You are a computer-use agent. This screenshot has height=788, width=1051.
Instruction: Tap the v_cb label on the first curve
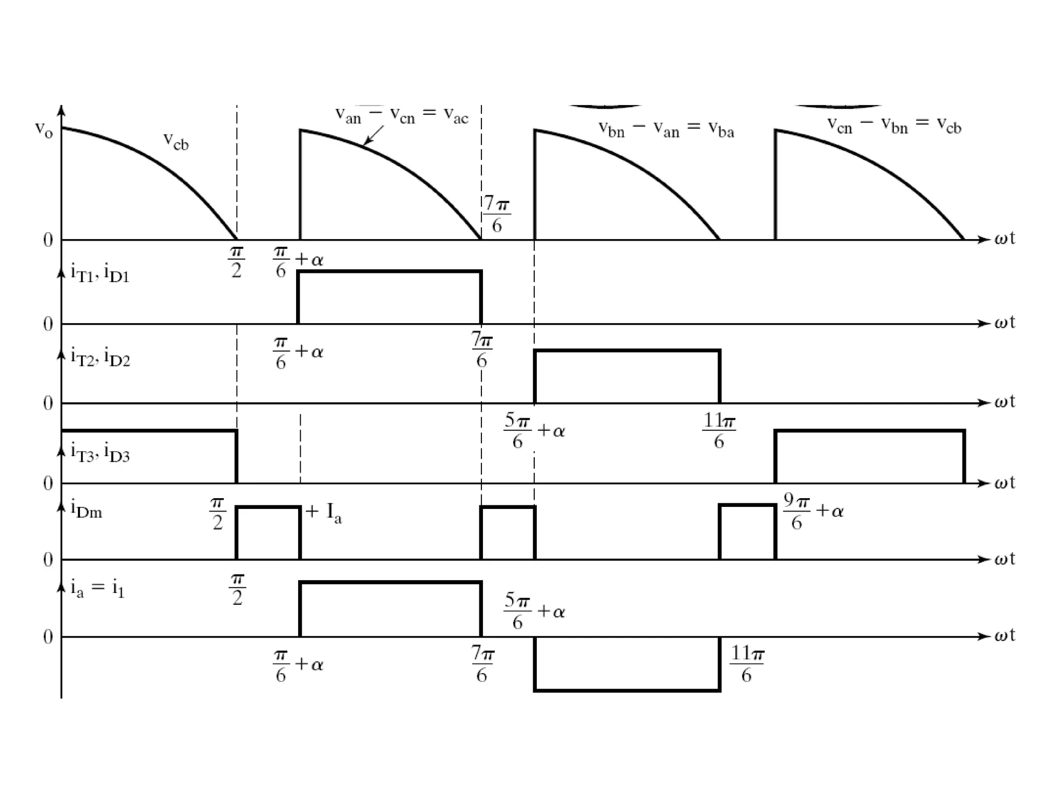pyautogui.click(x=176, y=141)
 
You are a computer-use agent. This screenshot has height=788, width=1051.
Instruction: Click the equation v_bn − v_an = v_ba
pyautogui.click(x=666, y=129)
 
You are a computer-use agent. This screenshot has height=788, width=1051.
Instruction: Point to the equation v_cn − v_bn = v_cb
pyautogui.click(x=894, y=125)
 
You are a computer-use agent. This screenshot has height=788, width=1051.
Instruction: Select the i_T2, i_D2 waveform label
pyautogui.click(x=101, y=356)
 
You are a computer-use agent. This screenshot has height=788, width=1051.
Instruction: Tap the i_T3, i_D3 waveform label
pyautogui.click(x=101, y=452)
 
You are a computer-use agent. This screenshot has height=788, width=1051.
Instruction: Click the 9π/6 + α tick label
pyautogui.click(x=813, y=511)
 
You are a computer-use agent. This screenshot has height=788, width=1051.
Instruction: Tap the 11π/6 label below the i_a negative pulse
pyautogui.click(x=747, y=663)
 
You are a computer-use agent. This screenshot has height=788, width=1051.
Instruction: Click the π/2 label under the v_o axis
pyautogui.click(x=236, y=262)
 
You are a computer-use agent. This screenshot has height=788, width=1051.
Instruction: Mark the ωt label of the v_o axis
pyautogui.click(x=1005, y=239)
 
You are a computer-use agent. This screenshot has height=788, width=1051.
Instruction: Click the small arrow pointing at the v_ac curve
pyautogui.click(x=373, y=135)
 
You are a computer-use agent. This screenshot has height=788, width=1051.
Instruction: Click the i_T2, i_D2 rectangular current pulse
pyautogui.click(x=627, y=377)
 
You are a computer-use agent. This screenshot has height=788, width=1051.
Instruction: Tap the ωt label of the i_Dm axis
pyautogui.click(x=1005, y=559)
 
